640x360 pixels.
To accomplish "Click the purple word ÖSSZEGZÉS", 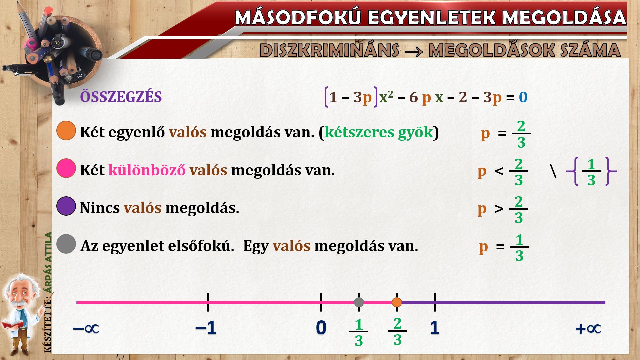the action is coord(121,97).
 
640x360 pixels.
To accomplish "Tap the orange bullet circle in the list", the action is coord(66,130).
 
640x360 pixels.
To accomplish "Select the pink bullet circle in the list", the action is coord(66,168).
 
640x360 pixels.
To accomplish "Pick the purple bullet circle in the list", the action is coord(66,206).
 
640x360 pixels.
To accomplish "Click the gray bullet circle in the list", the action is coord(66,244).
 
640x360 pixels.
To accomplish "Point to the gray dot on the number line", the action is coord(359,302).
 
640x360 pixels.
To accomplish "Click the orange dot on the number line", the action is coord(397,302).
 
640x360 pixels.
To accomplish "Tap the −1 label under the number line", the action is coord(206,328).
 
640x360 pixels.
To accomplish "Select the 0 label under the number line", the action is coord(321,328).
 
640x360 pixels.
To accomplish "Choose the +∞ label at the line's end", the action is coord(588,329).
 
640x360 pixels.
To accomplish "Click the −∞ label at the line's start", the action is coord(86,329).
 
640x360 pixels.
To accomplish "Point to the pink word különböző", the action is coord(147,170).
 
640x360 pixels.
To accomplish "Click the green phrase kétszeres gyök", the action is coord(379,133).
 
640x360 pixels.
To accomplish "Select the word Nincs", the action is coord(100,208).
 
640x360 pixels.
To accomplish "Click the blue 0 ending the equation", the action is coord(523,97).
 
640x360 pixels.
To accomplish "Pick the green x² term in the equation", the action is coord(386,97).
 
